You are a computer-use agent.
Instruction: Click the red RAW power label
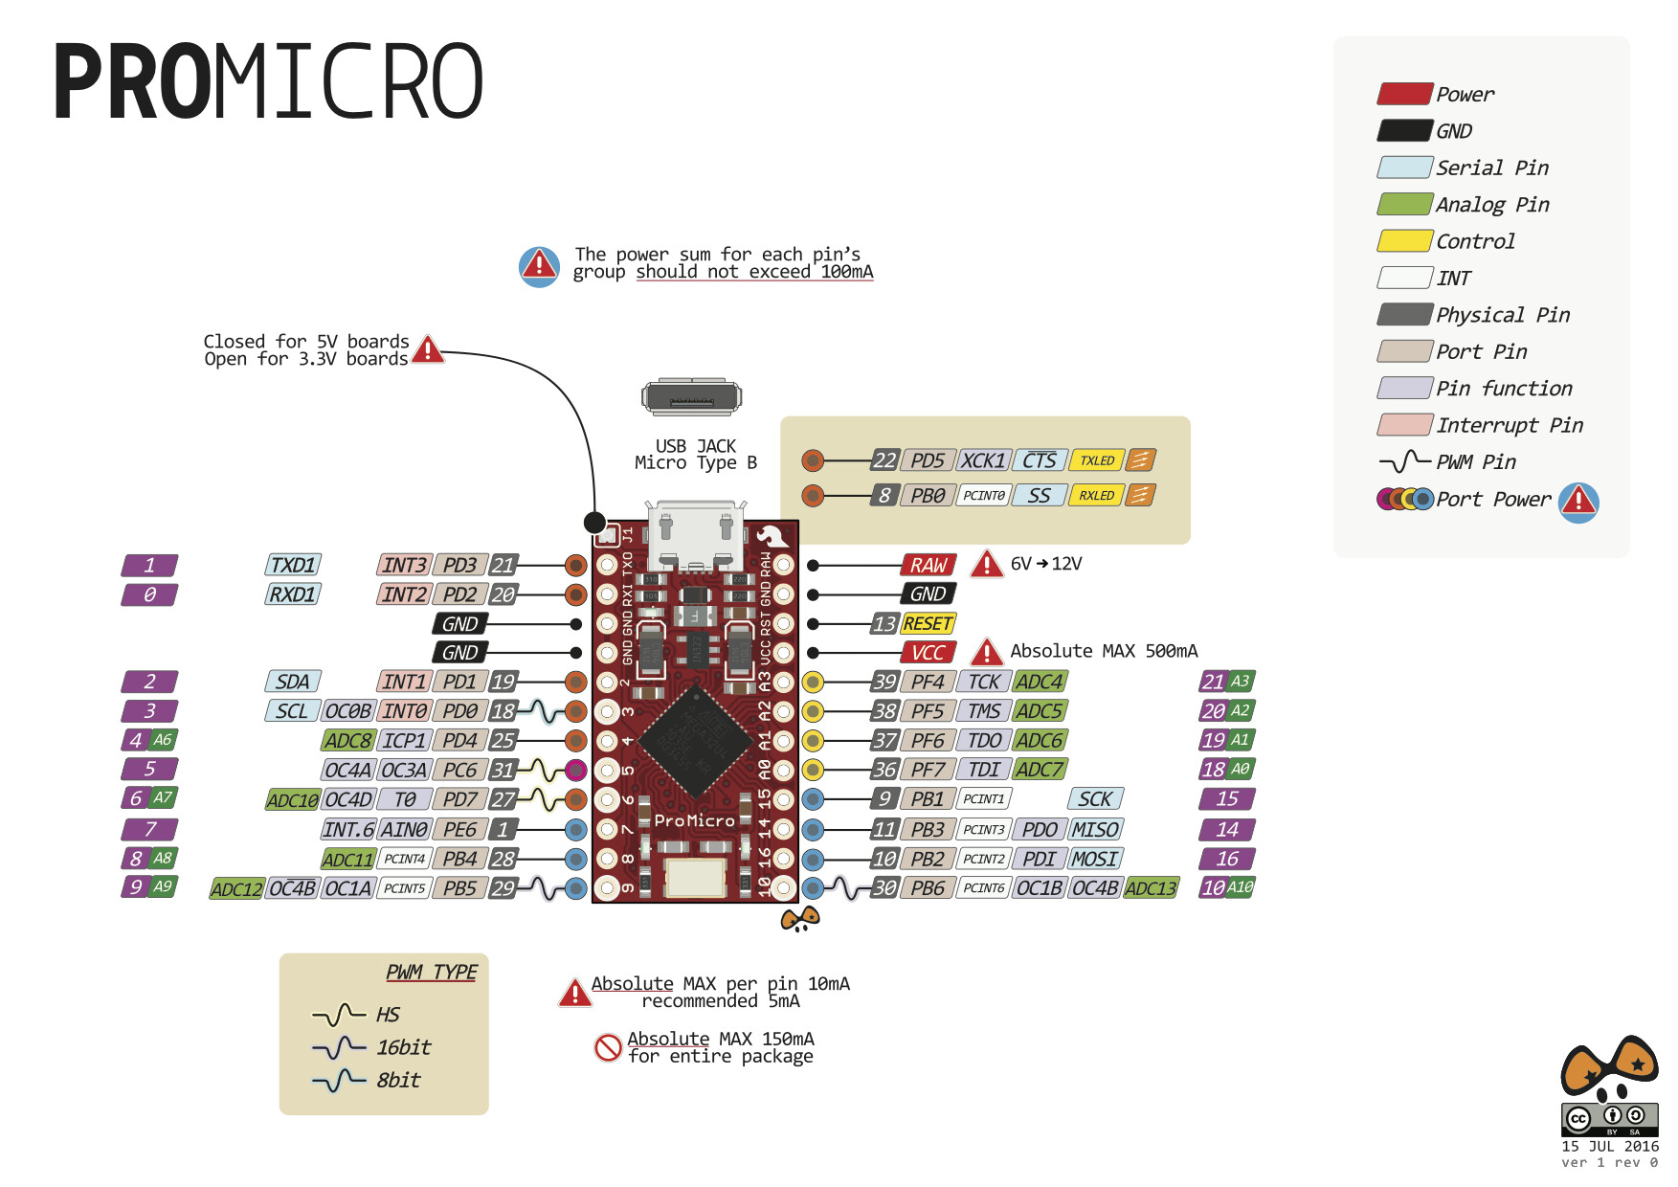point(928,566)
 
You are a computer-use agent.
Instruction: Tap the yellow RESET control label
point(928,624)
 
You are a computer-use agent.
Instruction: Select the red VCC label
point(928,653)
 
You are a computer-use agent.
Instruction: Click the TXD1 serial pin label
point(292,566)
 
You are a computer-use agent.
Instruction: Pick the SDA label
point(292,682)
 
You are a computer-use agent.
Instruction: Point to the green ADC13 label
point(1151,888)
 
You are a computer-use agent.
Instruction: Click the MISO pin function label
point(1095,830)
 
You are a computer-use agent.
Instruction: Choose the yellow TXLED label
point(1096,460)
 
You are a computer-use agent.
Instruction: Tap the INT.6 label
point(347,830)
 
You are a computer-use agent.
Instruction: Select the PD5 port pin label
point(927,460)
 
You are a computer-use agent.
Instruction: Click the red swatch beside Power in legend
point(1404,94)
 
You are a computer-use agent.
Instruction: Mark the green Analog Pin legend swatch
point(1404,204)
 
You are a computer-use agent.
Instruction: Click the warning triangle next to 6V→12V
point(986,565)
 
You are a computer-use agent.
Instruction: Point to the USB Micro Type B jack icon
point(691,397)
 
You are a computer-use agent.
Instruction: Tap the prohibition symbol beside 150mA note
point(608,1047)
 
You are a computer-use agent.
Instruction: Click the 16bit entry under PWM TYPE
point(402,1047)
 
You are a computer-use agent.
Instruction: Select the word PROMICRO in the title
point(269,82)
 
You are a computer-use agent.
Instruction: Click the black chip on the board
point(694,741)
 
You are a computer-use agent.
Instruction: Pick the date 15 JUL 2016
point(1610,1146)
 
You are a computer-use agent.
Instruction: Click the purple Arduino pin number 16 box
point(1226,860)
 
